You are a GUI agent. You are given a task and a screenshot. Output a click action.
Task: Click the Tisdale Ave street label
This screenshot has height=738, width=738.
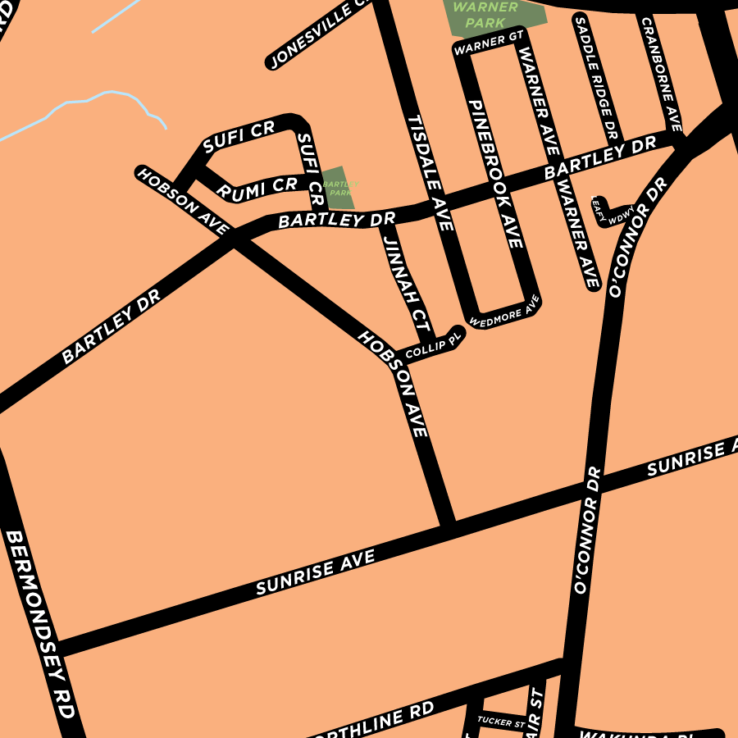pos(430,173)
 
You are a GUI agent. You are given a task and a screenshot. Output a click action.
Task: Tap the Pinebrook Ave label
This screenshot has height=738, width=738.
pos(495,174)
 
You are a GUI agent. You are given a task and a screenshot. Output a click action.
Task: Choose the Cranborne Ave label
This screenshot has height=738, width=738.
pos(661,74)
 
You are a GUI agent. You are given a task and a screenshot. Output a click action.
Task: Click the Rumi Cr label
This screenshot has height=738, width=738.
pos(257,188)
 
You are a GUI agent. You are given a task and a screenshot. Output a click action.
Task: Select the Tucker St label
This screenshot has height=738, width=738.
pos(500,722)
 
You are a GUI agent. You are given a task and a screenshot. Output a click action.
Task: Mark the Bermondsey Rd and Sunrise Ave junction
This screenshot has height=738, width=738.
pos(56,647)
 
